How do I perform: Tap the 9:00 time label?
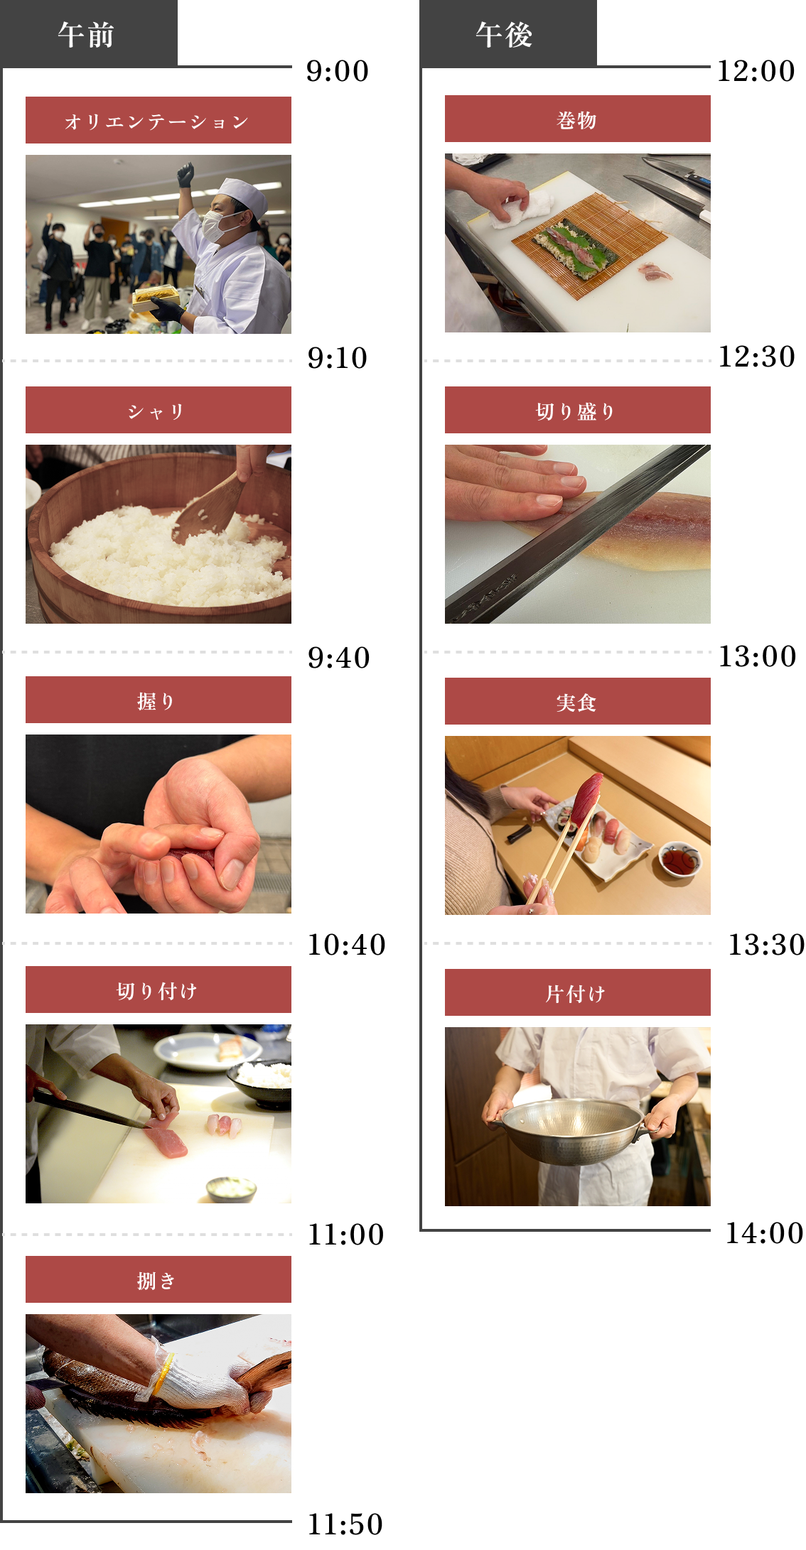pos(338,71)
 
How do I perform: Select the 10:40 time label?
pos(346,945)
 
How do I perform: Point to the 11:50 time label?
pos(345,1524)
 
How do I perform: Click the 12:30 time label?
pos(757,357)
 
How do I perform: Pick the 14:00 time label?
pos(764,1233)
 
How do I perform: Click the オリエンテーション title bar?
pos(158,120)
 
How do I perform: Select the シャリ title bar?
pos(158,410)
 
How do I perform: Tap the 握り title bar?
pos(158,700)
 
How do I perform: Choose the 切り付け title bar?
pos(158,990)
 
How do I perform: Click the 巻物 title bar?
pos(578,119)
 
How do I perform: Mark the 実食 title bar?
pos(578,701)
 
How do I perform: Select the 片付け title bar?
pos(578,992)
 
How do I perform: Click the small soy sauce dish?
pos(680,859)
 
